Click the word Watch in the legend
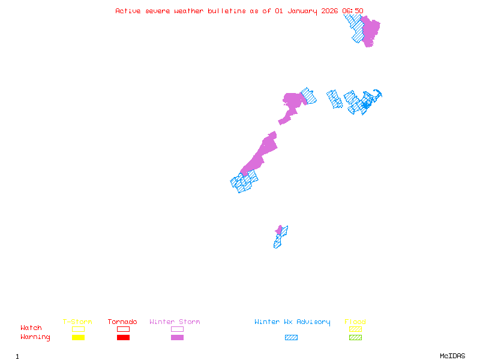[x=31, y=328]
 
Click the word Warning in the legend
[x=35, y=337]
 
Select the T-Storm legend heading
[x=77, y=322]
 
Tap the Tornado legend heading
[x=122, y=322]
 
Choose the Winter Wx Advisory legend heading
[x=292, y=322]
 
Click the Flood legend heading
[x=355, y=322]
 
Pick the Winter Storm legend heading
[x=175, y=322]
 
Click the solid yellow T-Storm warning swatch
[x=78, y=338]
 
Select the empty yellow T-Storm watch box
[x=78, y=329]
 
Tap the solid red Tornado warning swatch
[x=123, y=338]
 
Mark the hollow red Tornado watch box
[x=123, y=329]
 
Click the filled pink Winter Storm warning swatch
[x=177, y=338]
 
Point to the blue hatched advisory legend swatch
[x=291, y=338]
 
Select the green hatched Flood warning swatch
[x=355, y=338]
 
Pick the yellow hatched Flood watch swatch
[x=355, y=329]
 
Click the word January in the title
[x=301, y=11]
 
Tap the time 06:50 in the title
[x=353, y=11]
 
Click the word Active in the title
[x=128, y=11]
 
